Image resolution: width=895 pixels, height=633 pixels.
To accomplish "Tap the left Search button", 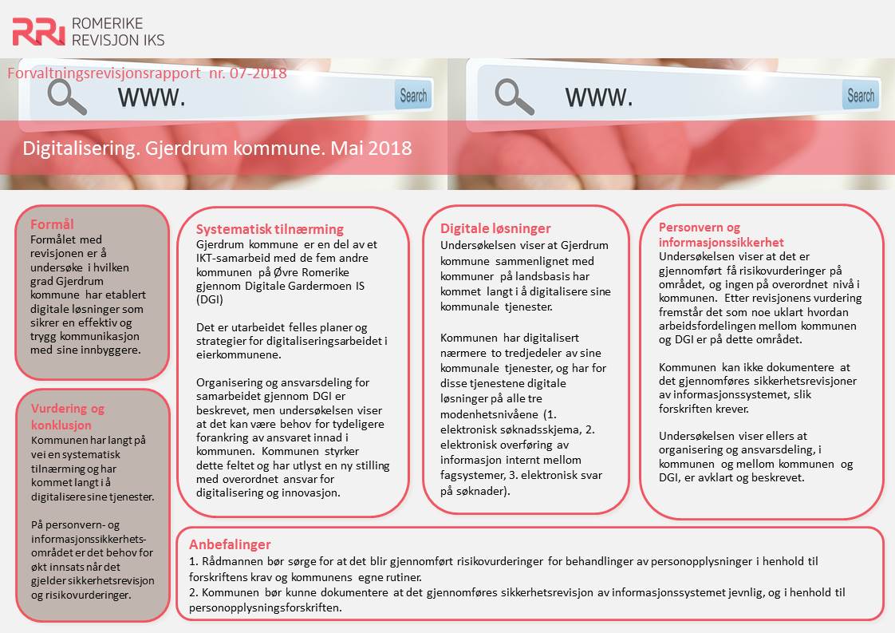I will tap(413, 96).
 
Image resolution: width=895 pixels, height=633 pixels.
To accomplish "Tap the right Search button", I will tap(861, 96).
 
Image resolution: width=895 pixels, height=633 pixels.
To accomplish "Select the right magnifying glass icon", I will tap(514, 96).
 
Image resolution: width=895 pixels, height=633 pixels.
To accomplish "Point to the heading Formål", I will tap(52, 224).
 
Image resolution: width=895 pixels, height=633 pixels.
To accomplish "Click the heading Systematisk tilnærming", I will tap(270, 229).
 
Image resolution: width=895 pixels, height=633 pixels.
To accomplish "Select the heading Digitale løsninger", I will tap(495, 229).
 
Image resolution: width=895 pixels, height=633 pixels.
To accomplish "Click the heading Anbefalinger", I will tap(230, 544).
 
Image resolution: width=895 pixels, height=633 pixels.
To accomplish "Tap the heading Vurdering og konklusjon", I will tap(68, 416).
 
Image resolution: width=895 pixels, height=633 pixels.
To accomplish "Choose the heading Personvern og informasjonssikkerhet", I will tap(721, 235).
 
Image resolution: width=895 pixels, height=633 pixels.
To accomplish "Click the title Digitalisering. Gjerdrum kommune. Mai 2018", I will tap(217, 148).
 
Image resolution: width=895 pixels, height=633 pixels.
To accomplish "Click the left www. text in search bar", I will tap(152, 97).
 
